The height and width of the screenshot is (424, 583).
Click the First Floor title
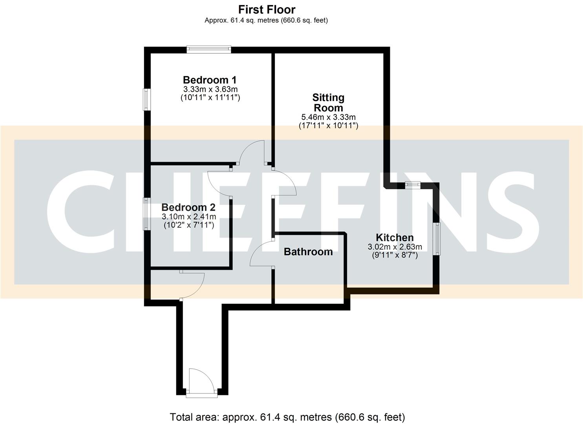pos(267,9)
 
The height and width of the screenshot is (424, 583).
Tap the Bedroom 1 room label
pos(210,80)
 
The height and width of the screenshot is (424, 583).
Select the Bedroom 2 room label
pos(188,207)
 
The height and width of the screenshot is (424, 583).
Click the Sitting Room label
pos(328,102)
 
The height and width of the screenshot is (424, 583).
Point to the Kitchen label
pos(395,238)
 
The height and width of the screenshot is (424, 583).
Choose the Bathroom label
pos(308,252)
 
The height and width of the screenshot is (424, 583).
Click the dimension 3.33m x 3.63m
pos(210,90)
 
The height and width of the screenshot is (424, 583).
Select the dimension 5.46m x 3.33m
pos(328,117)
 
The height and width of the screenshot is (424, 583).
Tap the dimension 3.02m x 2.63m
pos(395,247)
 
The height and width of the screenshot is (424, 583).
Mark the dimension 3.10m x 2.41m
pos(189,217)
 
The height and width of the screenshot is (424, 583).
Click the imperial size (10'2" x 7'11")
pos(189,225)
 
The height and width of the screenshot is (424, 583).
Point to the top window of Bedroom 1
pos(208,49)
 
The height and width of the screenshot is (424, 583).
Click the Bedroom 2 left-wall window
pos(146,214)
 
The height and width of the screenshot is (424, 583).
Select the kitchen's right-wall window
pos(436,239)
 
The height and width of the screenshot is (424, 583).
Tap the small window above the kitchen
pos(413,184)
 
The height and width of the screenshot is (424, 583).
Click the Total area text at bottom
pos(287,417)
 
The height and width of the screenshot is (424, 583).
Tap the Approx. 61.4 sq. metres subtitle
pos(266,20)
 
